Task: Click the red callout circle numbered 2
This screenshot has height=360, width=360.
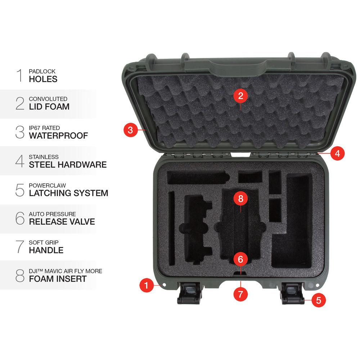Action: [241, 96]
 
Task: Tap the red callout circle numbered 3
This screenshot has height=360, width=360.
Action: [130, 130]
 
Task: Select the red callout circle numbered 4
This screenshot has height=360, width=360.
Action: [337, 153]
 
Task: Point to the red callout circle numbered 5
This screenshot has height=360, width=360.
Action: [318, 300]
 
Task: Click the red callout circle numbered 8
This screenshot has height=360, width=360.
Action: [241, 198]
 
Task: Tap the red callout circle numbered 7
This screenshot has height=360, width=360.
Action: [241, 294]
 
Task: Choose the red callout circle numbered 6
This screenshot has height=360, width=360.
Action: [241, 259]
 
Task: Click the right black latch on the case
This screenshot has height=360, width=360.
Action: [292, 292]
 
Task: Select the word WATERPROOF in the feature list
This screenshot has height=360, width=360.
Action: [58, 136]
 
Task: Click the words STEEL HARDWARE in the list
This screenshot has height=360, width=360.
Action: [68, 165]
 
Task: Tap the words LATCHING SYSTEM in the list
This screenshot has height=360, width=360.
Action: [68, 193]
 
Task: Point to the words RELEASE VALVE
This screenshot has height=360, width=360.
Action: [62, 221]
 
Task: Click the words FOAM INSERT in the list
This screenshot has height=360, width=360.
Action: [58, 278]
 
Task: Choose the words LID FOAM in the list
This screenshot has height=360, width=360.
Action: [49, 107]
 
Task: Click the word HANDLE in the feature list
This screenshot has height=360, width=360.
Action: [46, 250]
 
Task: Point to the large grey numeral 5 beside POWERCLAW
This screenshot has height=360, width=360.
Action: [20, 190]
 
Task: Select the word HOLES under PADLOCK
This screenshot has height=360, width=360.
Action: [43, 79]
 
